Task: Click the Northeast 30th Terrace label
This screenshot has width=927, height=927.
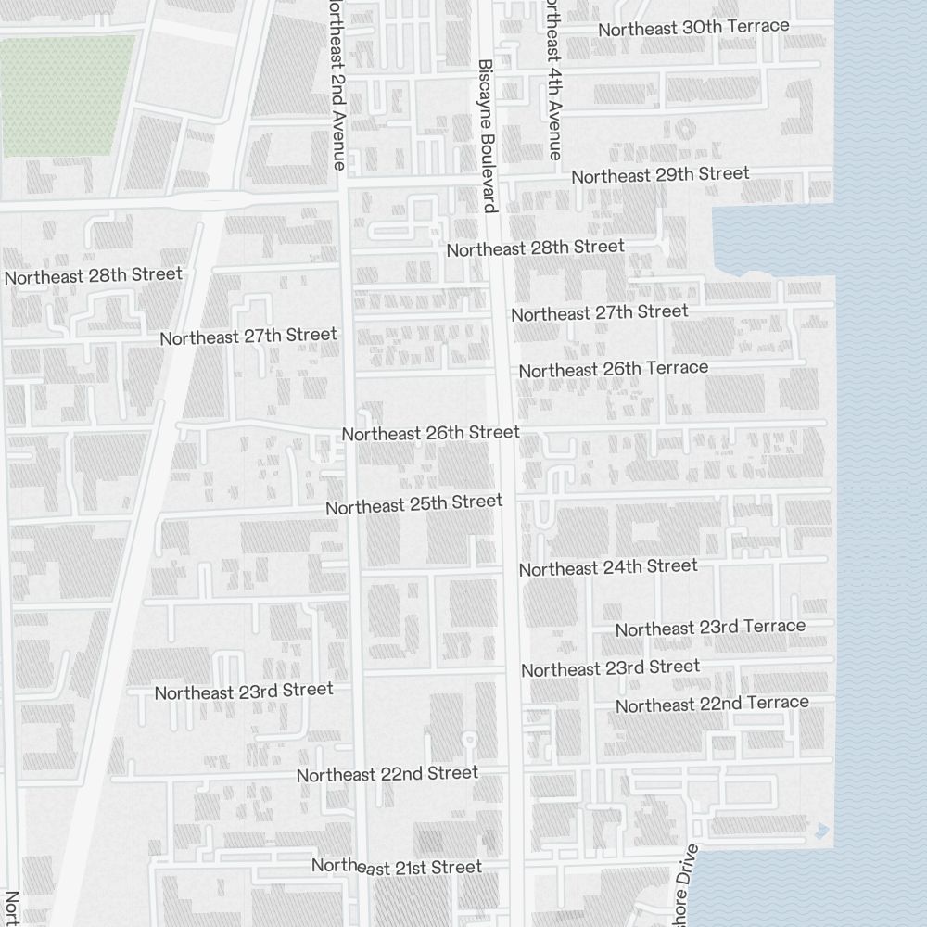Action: point(693,28)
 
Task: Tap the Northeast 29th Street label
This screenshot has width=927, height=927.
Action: point(660,175)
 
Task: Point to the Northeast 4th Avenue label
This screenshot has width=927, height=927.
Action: point(553,80)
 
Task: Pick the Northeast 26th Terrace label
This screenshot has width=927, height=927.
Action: point(613,369)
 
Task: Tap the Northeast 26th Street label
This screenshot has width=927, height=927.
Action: point(430,433)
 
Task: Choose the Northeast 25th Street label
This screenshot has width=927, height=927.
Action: point(413,505)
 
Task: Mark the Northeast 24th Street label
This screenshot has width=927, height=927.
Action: point(608,567)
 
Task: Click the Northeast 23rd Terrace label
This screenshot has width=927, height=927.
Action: point(710,628)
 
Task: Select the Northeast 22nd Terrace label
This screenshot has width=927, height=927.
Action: point(712,705)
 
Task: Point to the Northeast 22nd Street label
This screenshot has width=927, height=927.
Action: point(387,774)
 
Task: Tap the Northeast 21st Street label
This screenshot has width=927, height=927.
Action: point(397,867)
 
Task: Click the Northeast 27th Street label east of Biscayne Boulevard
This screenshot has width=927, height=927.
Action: point(600,312)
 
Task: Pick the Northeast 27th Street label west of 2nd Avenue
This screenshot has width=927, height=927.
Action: point(248,337)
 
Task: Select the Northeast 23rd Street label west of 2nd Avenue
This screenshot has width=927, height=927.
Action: point(243,692)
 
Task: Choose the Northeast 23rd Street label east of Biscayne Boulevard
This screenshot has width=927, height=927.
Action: point(610,668)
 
